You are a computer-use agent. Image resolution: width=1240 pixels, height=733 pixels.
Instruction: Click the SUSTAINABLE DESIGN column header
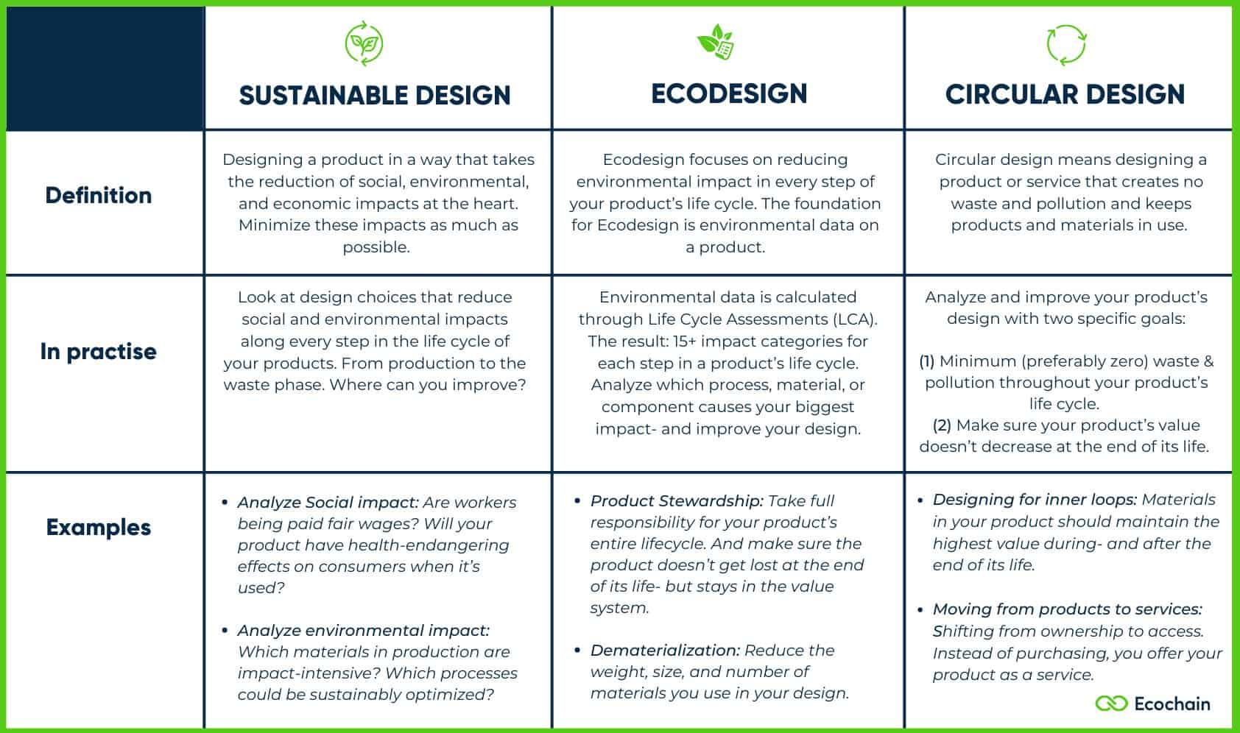(x=375, y=95)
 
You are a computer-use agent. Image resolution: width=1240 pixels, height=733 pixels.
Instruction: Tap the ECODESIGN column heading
(x=729, y=93)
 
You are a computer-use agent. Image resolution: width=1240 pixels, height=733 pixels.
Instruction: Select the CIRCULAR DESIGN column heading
(x=1065, y=94)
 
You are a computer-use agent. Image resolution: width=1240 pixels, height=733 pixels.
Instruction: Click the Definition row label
(x=99, y=195)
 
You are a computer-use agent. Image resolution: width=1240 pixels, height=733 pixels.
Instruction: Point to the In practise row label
(x=99, y=352)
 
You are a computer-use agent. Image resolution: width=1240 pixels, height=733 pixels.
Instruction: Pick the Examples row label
(x=99, y=528)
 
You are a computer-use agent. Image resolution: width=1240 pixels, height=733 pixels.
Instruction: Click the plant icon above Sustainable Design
(x=364, y=43)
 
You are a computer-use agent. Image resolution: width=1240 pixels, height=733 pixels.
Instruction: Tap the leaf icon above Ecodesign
(x=715, y=41)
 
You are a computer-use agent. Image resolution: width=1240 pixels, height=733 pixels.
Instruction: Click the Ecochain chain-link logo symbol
(x=1111, y=703)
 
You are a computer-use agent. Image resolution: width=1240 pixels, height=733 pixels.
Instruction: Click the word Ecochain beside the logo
(x=1172, y=704)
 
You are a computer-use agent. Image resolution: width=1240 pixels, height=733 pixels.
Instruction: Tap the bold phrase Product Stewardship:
(x=677, y=501)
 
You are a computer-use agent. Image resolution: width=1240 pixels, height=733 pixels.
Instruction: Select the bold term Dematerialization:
(x=665, y=651)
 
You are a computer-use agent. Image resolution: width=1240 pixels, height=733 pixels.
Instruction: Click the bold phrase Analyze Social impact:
(x=328, y=503)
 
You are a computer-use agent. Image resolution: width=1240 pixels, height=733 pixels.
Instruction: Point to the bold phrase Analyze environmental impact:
(x=364, y=631)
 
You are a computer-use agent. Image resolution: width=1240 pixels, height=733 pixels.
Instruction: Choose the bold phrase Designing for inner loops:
(x=1035, y=500)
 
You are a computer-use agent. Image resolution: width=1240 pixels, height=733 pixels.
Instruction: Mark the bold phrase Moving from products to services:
(x=1067, y=609)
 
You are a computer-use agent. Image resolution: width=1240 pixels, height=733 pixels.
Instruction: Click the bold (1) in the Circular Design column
(x=927, y=361)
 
